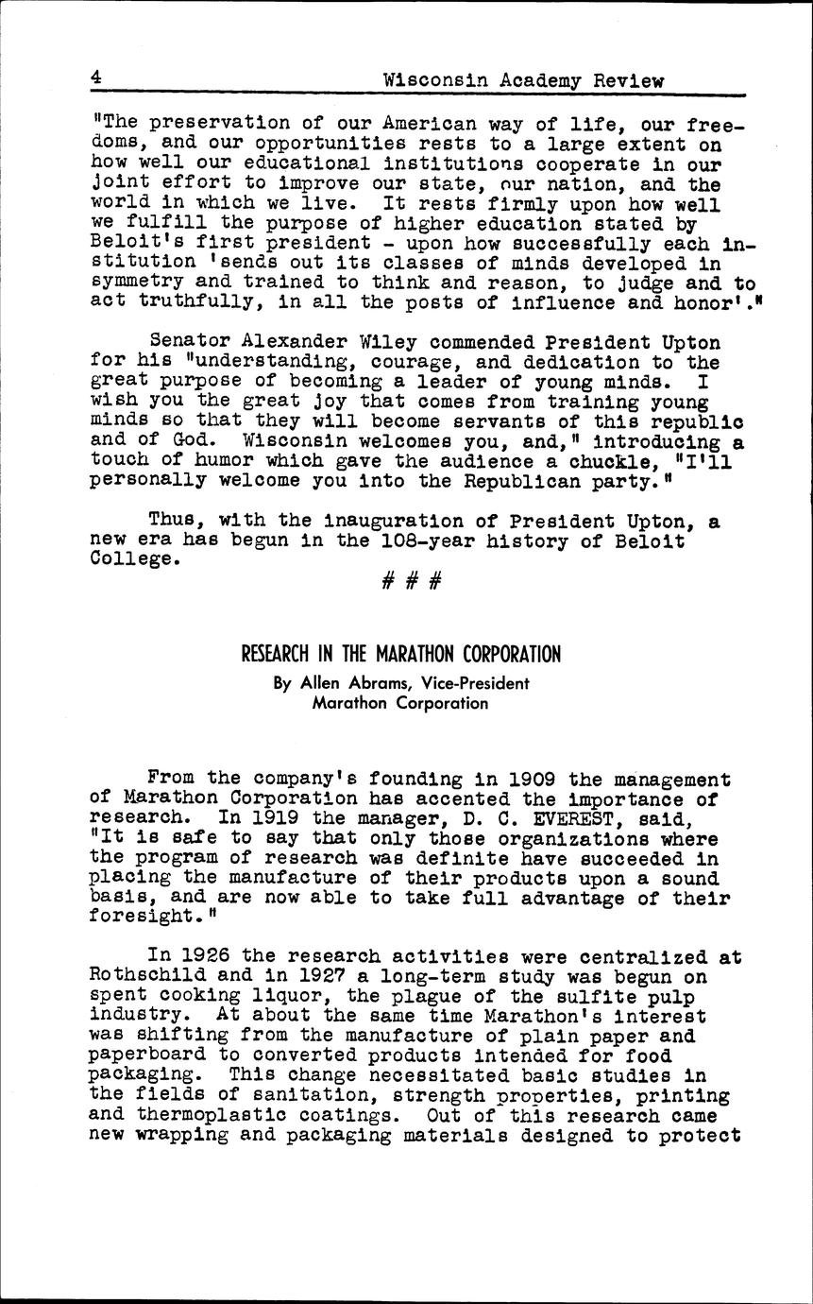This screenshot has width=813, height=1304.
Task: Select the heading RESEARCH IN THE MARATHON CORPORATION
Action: coord(401,654)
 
